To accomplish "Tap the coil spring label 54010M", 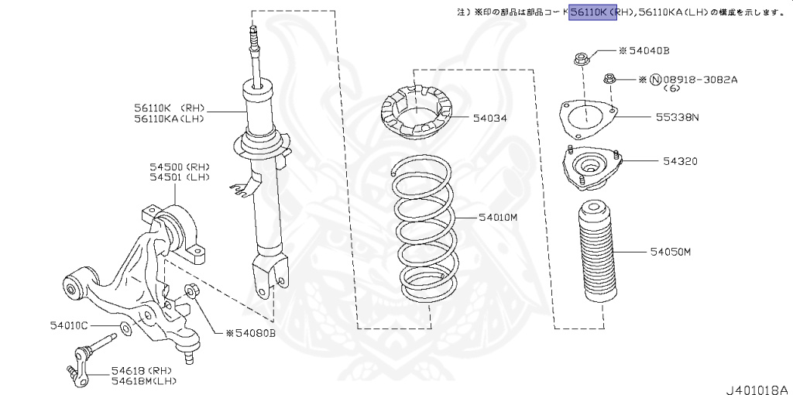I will pyautogui.click(x=497, y=217).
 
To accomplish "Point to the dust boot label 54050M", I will pyautogui.click(x=671, y=252).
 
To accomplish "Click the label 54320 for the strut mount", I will pyautogui.click(x=680, y=161).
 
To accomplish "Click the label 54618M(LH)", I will pyautogui.click(x=145, y=380).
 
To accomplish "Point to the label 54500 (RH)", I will pyautogui.click(x=180, y=167).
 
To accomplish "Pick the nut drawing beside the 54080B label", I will pyautogui.click(x=193, y=292).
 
